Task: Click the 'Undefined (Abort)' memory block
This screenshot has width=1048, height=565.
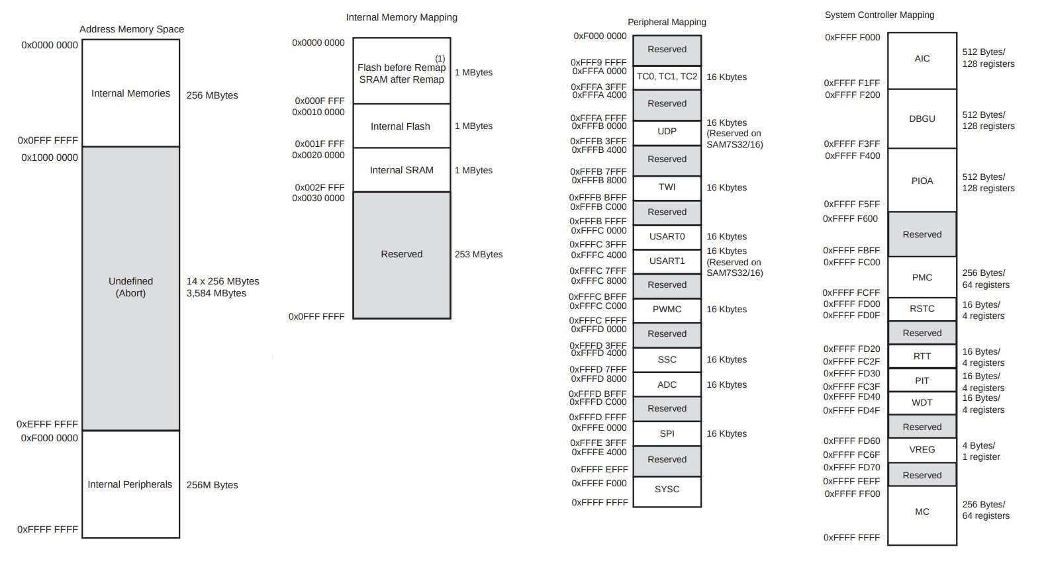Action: point(130,287)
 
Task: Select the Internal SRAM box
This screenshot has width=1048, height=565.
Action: point(401,170)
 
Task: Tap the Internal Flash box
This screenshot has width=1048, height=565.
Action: point(401,126)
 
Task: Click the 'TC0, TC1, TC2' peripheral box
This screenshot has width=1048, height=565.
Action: point(667,77)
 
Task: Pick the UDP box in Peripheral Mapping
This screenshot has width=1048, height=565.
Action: point(667,132)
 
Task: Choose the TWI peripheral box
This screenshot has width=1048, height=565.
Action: point(667,187)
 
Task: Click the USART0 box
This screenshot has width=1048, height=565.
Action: point(667,236)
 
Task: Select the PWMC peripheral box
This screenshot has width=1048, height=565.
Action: point(667,309)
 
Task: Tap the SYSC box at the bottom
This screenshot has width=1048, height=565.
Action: point(667,490)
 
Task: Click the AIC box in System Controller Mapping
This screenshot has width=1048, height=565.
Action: point(922,59)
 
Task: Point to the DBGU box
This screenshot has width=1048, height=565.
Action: point(922,119)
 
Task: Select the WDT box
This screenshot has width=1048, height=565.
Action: point(922,402)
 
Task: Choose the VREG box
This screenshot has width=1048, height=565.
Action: point(922,450)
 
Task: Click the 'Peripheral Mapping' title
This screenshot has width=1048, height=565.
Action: point(667,22)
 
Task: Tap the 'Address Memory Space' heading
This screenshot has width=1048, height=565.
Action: point(132,29)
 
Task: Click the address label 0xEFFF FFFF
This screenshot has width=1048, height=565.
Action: point(47,424)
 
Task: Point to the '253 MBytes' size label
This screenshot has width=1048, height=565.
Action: point(479,254)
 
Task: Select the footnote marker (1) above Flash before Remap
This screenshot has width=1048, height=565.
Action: point(440,58)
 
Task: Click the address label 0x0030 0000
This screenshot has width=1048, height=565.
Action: point(318,198)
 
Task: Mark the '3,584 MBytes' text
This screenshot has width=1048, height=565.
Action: point(216,293)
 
